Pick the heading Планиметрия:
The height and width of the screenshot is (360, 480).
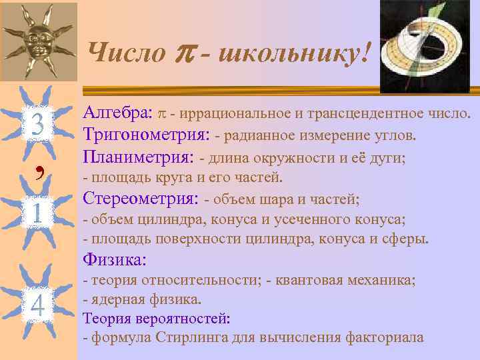139,157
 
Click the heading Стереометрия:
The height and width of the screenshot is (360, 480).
141,198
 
